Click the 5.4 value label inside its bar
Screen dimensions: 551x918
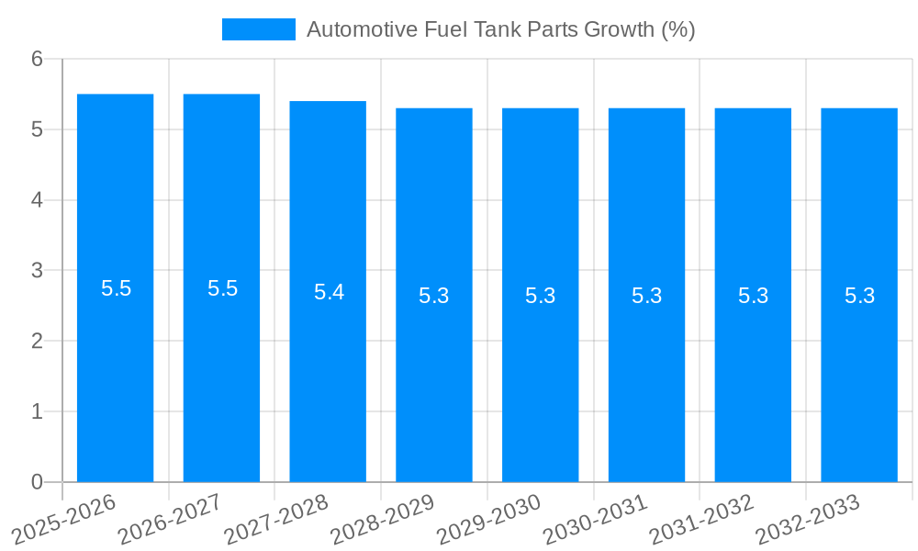pyautogui.click(x=329, y=292)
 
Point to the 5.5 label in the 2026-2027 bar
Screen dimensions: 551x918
pyautogui.click(x=222, y=288)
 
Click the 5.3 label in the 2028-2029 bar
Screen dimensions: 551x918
pyautogui.click(x=434, y=296)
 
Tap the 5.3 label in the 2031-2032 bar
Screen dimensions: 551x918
pyautogui.click(x=753, y=296)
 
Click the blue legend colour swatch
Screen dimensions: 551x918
pyautogui.click(x=258, y=29)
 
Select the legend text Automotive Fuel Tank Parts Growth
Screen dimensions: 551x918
pyautogui.click(x=500, y=29)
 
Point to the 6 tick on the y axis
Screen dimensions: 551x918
pyautogui.click(x=38, y=59)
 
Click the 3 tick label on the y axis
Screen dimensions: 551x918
pyautogui.click(x=38, y=271)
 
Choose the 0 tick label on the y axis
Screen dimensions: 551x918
pyautogui.click(x=38, y=482)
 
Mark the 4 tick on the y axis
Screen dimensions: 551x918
pyautogui.click(x=38, y=200)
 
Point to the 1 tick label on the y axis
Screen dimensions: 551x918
pyautogui.click(x=38, y=411)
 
